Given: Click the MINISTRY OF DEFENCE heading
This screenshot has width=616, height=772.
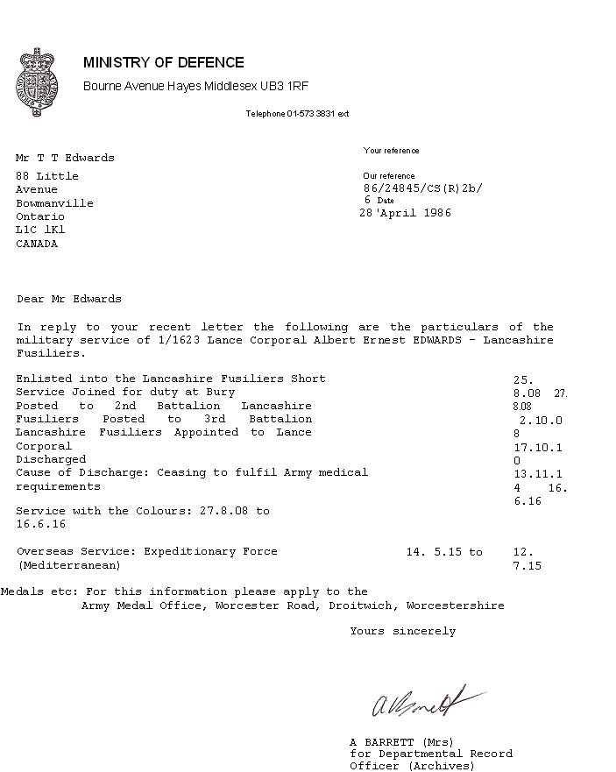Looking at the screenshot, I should (164, 62).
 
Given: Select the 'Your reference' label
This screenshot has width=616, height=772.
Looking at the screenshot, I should (391, 151).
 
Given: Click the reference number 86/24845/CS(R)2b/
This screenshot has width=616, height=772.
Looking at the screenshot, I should (422, 188).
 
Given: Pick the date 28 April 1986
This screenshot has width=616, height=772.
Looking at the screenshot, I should (405, 213).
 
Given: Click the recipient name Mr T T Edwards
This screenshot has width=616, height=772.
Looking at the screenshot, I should (65, 158).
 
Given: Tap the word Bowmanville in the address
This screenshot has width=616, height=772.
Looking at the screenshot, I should (54, 202).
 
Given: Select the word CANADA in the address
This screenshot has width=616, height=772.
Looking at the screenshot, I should (37, 244).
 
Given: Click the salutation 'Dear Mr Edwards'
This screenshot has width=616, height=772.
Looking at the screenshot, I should (69, 299).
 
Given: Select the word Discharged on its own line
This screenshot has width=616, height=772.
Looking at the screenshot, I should (51, 458).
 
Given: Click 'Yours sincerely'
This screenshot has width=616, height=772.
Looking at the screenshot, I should (402, 631).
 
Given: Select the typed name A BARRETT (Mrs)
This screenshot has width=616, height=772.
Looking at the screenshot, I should (401, 741).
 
